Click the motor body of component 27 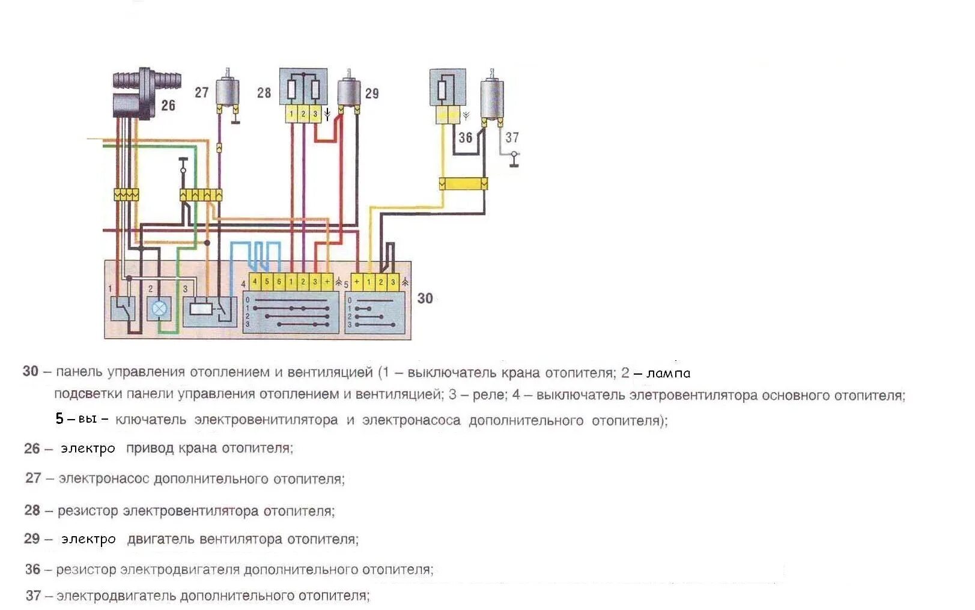coord(227,91)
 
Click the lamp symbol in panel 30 coord(160,309)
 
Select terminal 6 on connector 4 coord(279,282)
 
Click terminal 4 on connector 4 coord(255,282)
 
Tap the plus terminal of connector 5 coord(357,282)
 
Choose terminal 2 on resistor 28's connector coord(303,114)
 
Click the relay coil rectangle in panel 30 coord(200,309)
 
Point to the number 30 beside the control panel coord(425,298)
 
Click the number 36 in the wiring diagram coord(466,138)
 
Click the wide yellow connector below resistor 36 coord(463,183)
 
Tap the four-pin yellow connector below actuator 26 coord(126,195)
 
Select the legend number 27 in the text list coord(33,478)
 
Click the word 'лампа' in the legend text coord(669,373)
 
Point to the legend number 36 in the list coord(33,569)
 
